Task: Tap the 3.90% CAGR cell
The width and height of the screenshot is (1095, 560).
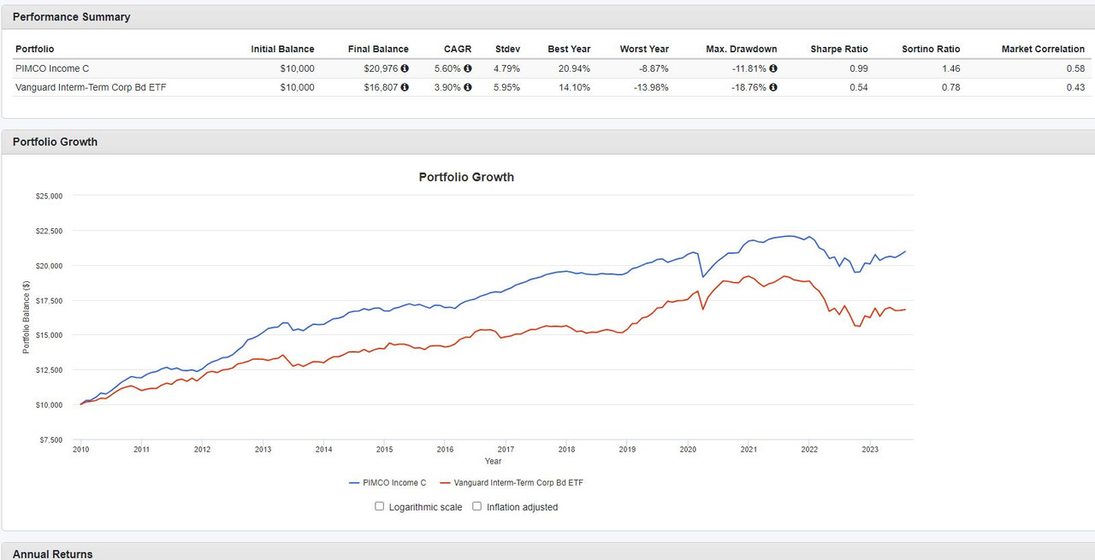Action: [x=451, y=87]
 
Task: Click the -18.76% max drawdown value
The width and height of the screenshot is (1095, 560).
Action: [x=737, y=87]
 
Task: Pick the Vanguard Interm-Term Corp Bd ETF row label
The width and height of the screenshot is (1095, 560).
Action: [x=91, y=87]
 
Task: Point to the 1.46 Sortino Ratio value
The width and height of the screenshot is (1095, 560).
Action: [x=950, y=68]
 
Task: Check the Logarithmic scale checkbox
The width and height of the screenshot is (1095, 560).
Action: [x=380, y=506]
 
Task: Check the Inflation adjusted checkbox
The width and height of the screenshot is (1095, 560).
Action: [x=477, y=506]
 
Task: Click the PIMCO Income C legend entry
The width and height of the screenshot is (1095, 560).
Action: [x=388, y=483]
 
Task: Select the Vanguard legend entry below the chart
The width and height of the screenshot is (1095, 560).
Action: [x=512, y=483]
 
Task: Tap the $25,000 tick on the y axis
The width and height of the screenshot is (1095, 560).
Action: [x=48, y=196]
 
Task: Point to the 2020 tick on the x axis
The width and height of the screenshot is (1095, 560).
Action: [x=688, y=449]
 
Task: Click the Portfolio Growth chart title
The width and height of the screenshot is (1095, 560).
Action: [x=466, y=177]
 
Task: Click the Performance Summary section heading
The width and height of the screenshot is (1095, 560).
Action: [x=71, y=17]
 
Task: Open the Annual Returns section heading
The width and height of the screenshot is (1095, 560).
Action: [x=52, y=554]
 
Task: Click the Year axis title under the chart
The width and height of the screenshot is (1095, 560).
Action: [x=493, y=462]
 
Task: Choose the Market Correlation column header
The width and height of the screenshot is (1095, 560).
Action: [x=1043, y=49]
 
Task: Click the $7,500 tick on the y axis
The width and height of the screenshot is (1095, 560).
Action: [x=50, y=439]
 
